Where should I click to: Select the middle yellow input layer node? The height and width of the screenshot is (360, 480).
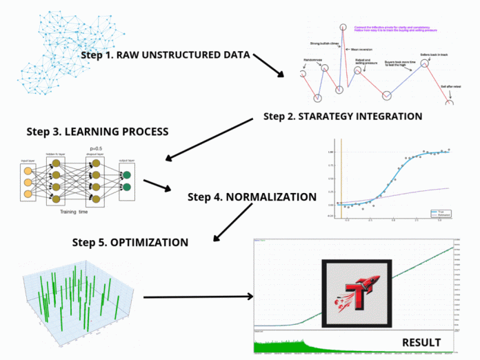[x=28, y=183]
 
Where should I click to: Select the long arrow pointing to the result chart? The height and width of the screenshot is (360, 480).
[x=197, y=297]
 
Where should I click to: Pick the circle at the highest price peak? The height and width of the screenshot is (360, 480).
[x=342, y=28]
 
